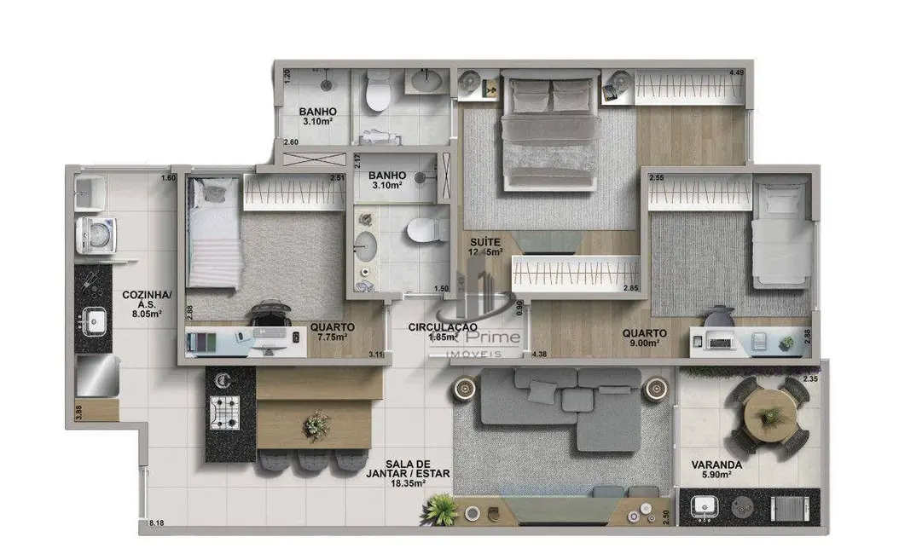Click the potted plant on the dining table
(x=318, y=423)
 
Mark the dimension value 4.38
(x=539, y=354)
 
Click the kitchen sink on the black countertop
(x=93, y=322)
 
